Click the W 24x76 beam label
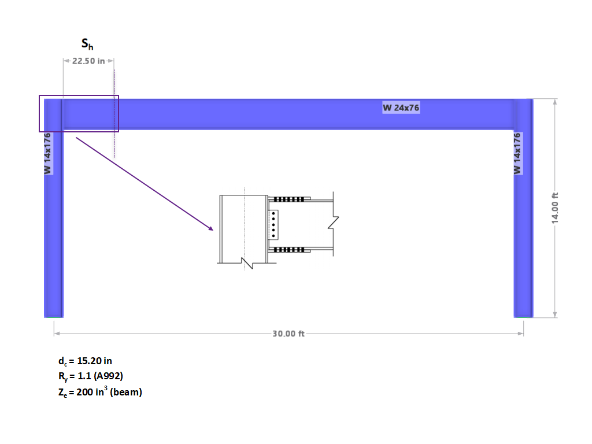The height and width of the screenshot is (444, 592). coord(401,108)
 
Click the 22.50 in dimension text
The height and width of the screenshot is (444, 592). coord(88,61)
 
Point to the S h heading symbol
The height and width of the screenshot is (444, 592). coord(87,44)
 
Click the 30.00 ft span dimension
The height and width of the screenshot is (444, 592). coord(288,334)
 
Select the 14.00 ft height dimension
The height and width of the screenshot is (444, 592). coord(555,208)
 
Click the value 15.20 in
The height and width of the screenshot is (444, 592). coord(94,361)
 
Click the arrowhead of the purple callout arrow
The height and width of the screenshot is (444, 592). coord(211,229)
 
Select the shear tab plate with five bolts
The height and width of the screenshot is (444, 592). coord(274,224)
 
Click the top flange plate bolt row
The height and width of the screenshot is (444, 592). coord(287,199)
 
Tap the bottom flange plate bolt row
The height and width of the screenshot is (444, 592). coord(287,250)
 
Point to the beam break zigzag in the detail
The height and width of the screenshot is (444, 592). coord(332,222)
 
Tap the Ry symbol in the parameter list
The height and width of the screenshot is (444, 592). coord(62,377)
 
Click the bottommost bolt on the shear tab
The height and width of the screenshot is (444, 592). coord(274,235)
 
